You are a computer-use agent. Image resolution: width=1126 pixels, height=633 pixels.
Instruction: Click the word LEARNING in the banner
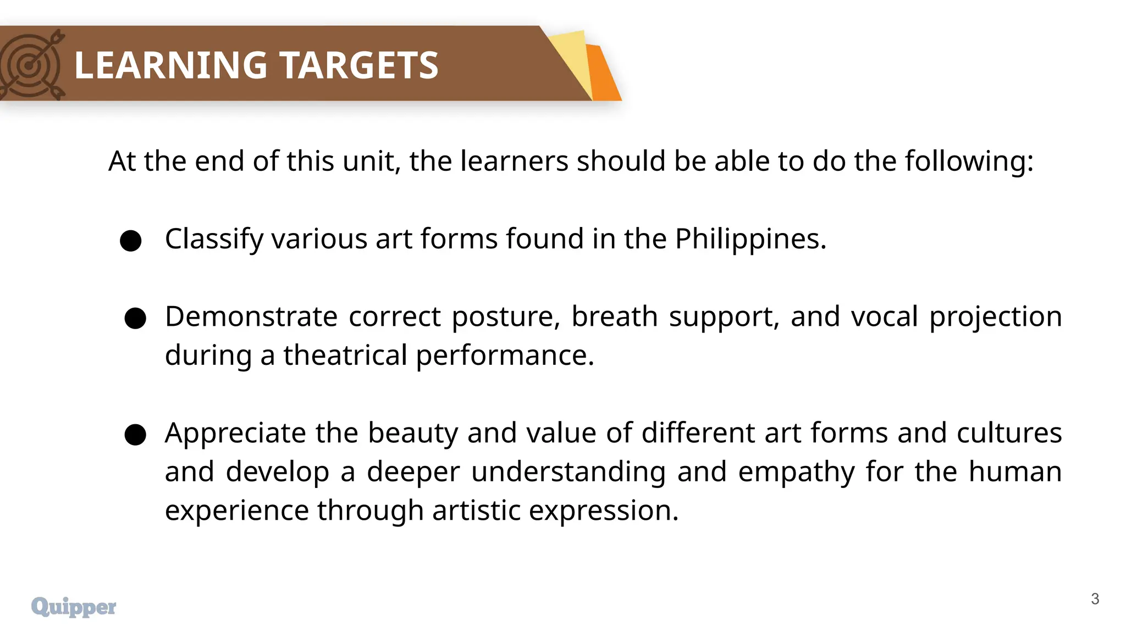171,65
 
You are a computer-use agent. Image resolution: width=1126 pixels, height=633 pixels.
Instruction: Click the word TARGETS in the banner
360,65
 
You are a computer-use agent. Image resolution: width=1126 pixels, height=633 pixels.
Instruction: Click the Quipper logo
74,607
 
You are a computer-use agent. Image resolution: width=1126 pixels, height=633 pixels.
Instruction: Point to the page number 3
1095,599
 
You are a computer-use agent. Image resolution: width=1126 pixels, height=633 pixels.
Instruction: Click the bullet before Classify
131,241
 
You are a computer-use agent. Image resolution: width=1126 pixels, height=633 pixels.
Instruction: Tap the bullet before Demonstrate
135,318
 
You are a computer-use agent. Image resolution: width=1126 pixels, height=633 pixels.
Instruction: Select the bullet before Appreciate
135,435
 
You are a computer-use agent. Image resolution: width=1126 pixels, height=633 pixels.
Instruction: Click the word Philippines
750,240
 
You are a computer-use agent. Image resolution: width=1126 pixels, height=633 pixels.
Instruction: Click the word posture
505,318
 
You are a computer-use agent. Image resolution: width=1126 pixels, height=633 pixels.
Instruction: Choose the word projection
995,318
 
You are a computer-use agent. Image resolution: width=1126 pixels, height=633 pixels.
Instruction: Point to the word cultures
1009,433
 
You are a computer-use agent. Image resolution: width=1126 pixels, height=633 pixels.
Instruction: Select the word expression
603,511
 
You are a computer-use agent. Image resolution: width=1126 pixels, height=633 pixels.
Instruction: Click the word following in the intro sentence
969,162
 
